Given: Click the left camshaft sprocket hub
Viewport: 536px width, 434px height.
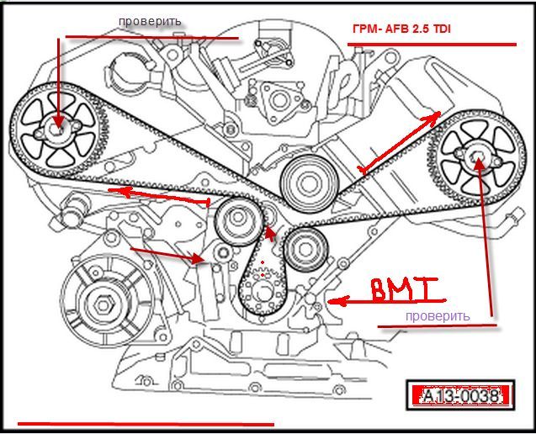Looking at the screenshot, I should pos(58,131).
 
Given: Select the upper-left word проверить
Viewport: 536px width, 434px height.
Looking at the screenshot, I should pos(149,20).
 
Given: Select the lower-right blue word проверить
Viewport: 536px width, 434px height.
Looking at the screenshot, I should pos(436,316).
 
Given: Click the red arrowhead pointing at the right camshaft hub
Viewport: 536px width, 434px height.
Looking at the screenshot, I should pos(480,163).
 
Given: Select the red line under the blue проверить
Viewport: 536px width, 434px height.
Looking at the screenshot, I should pos(438,325).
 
